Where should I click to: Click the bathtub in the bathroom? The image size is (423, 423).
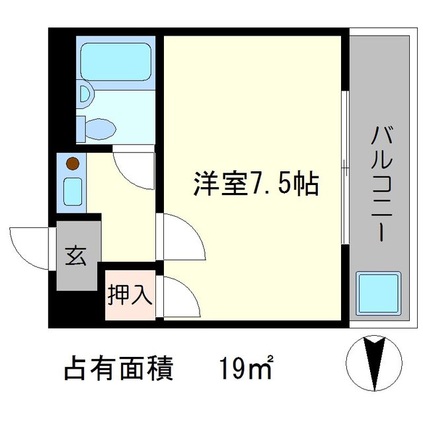point(116,61)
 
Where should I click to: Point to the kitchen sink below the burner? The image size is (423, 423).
point(72,190)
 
